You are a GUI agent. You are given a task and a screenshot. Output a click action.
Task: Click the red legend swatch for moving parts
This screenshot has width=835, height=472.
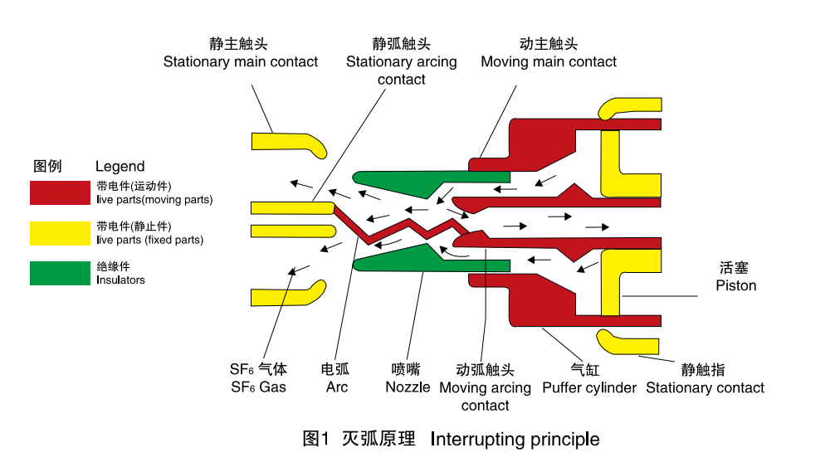[x=60, y=192]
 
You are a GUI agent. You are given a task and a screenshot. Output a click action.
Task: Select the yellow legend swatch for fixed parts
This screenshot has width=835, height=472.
[x=60, y=233]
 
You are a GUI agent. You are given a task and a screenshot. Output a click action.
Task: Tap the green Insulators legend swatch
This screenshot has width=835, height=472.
[x=60, y=273]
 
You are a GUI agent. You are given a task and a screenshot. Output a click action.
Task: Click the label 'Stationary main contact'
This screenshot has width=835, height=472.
[x=240, y=61]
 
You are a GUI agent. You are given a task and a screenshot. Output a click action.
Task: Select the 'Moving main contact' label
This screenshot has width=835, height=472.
[x=549, y=61]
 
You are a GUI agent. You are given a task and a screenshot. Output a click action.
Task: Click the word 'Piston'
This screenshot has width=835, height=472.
[x=736, y=285]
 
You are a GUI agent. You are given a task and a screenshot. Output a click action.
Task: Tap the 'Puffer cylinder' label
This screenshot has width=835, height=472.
[x=589, y=387]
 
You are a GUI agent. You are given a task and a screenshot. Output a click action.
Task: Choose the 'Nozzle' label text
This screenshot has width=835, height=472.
[x=408, y=387]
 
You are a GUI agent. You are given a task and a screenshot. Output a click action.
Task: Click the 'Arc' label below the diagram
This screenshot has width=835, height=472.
[x=337, y=387]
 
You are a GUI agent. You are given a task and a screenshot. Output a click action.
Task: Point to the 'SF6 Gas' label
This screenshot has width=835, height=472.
[x=258, y=387]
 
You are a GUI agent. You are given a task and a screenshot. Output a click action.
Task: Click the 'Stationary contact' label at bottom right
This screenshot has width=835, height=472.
[x=705, y=387]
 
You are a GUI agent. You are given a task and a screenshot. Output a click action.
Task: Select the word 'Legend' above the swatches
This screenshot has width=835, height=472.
[x=120, y=166]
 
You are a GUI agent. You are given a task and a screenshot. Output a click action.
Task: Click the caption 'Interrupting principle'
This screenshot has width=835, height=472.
[x=515, y=439]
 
